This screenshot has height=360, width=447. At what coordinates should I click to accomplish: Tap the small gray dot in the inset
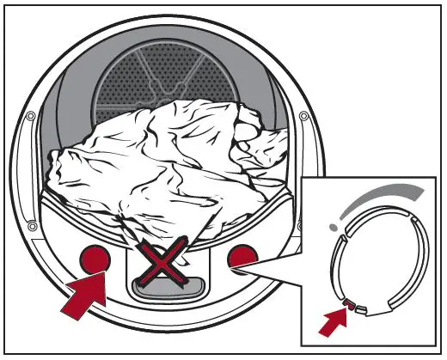tap(333, 227)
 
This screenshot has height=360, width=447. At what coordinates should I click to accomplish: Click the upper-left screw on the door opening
tap(32, 116)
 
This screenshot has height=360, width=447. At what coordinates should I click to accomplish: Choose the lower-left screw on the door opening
tap(32, 225)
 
